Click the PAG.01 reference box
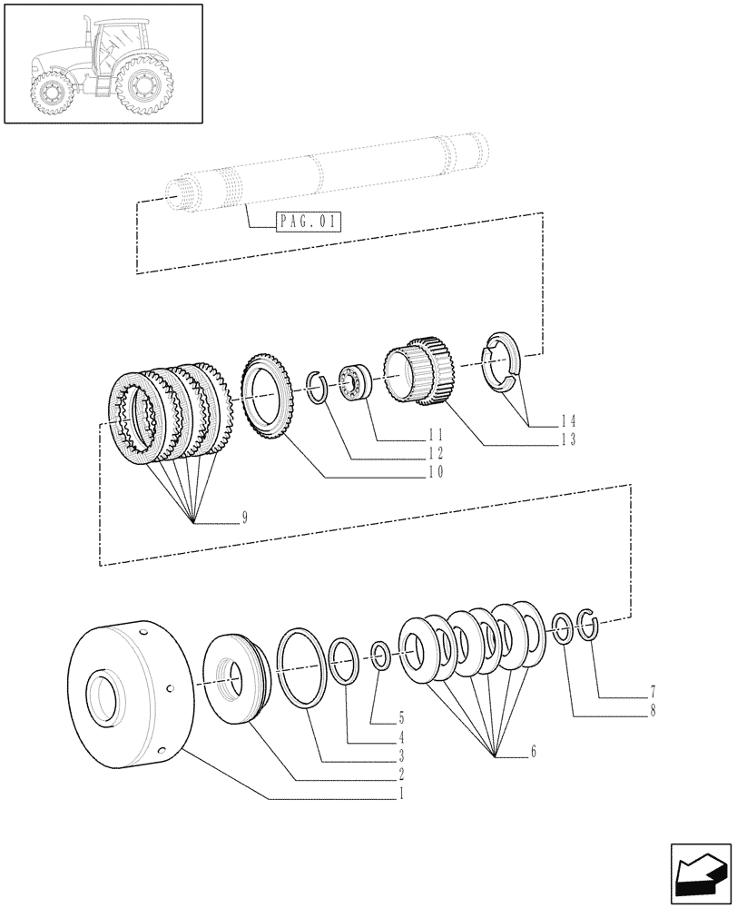(307, 222)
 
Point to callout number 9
(244, 518)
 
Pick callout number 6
(534, 752)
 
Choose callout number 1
(400, 793)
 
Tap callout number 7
(652, 690)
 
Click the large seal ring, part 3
(302, 667)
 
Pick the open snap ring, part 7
(585, 625)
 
